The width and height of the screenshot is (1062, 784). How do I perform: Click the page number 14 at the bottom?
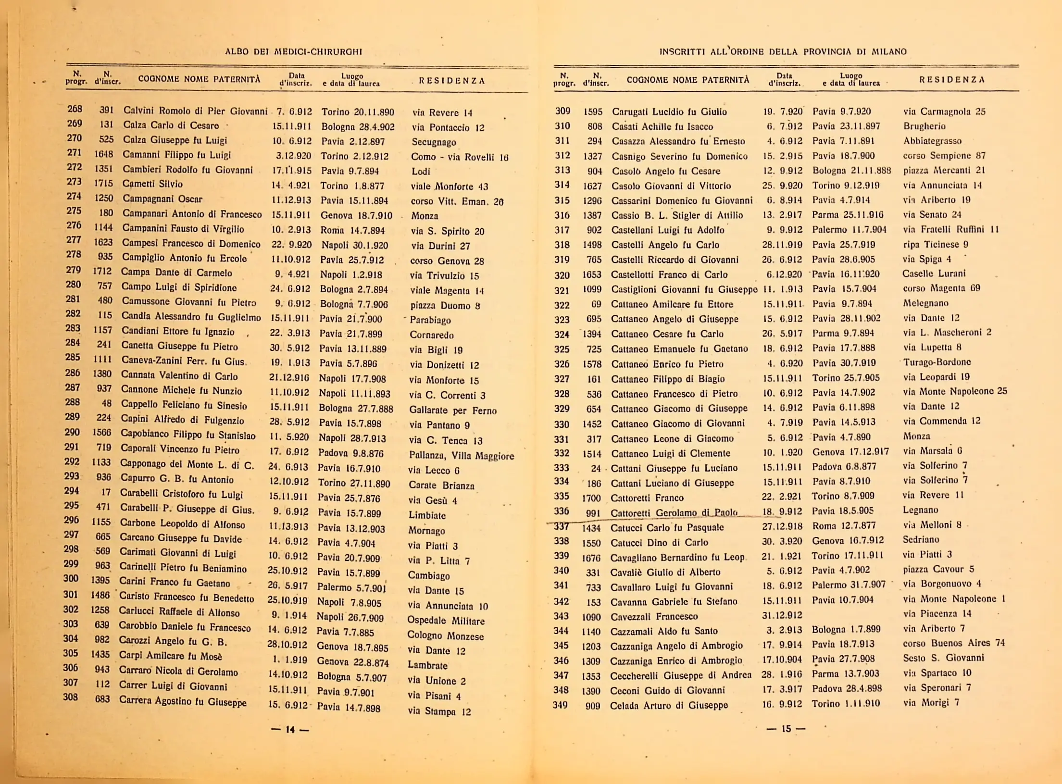click(x=290, y=729)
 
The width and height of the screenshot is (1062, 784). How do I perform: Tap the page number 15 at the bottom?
click(x=786, y=728)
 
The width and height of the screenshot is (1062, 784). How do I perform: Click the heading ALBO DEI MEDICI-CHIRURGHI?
click(x=293, y=51)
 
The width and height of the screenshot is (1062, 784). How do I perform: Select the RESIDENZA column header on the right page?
click(x=952, y=80)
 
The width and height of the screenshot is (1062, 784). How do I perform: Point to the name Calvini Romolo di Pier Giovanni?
click(x=195, y=111)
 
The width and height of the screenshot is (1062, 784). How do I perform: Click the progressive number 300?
click(x=71, y=578)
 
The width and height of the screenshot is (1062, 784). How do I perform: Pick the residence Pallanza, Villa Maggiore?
click(x=461, y=455)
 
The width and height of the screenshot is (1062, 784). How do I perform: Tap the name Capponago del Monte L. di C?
click(x=187, y=464)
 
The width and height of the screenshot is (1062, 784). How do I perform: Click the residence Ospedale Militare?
click(x=446, y=621)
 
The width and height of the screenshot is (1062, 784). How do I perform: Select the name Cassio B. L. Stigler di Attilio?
click(x=677, y=215)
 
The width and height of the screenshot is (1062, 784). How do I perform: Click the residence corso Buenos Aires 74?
click(x=953, y=643)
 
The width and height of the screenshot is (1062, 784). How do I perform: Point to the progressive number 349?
click(x=560, y=705)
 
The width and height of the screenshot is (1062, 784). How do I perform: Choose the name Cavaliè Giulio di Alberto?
click(x=665, y=572)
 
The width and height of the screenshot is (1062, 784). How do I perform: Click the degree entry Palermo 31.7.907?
click(x=849, y=585)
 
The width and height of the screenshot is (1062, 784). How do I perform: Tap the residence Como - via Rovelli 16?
click(x=459, y=157)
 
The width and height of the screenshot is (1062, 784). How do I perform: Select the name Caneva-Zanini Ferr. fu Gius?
click(x=184, y=361)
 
